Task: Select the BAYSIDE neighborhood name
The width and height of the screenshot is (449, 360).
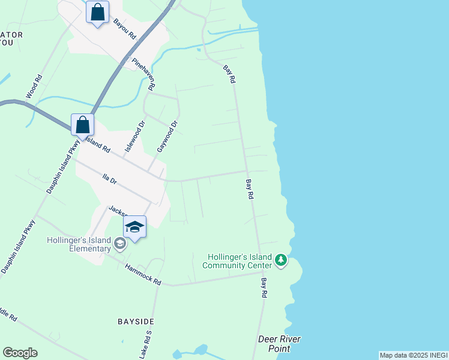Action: [x=137, y=322]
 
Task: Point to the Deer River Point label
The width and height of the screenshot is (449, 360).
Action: [x=279, y=344]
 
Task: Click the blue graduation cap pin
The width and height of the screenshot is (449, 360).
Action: [x=134, y=227]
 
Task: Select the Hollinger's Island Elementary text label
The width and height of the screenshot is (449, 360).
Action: [x=79, y=244]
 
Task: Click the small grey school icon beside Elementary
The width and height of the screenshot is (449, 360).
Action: [x=120, y=243]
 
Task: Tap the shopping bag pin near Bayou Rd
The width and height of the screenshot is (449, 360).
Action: [x=97, y=12]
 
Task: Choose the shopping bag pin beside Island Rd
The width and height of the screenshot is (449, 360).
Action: [x=83, y=125]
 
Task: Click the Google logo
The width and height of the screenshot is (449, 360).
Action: [x=20, y=353]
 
